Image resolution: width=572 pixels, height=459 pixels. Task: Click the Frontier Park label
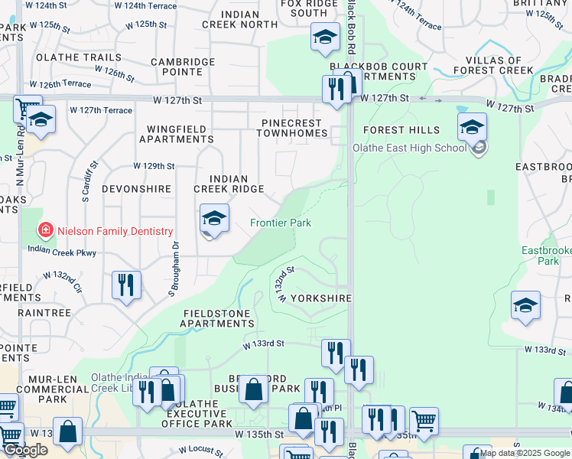click(281, 223)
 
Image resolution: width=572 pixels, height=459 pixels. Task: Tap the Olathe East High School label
click(409, 148)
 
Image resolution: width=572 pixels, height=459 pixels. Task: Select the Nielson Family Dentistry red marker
click(46, 230)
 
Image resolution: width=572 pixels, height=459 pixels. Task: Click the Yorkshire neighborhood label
click(321, 298)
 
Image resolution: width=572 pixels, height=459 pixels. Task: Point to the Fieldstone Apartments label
click(218, 318)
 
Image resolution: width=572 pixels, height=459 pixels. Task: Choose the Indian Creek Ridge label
click(229, 184)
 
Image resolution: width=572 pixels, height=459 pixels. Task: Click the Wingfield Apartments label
click(176, 134)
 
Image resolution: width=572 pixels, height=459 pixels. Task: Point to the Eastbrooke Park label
click(546, 256)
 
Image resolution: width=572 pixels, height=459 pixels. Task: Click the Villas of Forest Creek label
click(492, 66)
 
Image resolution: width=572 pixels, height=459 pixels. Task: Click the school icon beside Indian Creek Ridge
click(215, 219)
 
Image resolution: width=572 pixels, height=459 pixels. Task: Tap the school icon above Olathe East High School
click(472, 126)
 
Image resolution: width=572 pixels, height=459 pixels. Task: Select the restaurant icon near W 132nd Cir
click(126, 285)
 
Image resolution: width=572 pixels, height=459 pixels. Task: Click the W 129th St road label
click(154, 165)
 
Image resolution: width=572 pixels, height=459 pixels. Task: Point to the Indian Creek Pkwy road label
click(62, 249)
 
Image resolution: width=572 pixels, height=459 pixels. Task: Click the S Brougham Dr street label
click(174, 269)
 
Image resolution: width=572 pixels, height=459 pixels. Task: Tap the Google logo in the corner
click(26, 451)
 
